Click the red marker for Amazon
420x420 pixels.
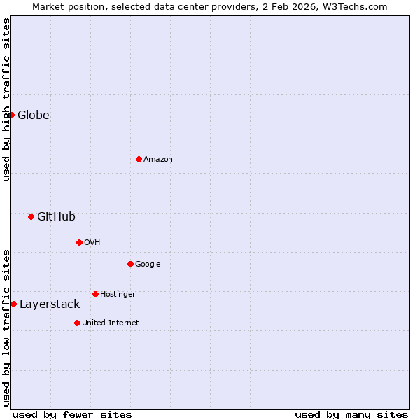[x=139, y=159]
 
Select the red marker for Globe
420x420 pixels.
[x=12, y=115]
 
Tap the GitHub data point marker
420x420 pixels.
[x=31, y=216]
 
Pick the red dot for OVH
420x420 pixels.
[x=79, y=242]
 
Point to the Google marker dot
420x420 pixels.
[x=130, y=264]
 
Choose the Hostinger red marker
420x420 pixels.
[x=95, y=294]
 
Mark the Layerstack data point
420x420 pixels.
[x=14, y=304]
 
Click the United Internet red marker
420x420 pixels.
[x=77, y=323]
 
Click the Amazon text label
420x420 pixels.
[x=158, y=159]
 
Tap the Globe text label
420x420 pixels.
[x=34, y=115]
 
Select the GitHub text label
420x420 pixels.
[x=56, y=216]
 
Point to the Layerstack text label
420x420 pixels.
[x=50, y=304]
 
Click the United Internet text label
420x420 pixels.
[x=111, y=323]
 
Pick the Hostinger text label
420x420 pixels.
[x=118, y=294]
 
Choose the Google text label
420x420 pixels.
[x=148, y=264]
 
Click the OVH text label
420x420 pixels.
[x=92, y=242]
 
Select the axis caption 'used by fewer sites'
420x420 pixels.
[x=72, y=414]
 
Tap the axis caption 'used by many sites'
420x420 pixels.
[x=351, y=414]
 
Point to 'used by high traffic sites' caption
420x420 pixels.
[x=6, y=99]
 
